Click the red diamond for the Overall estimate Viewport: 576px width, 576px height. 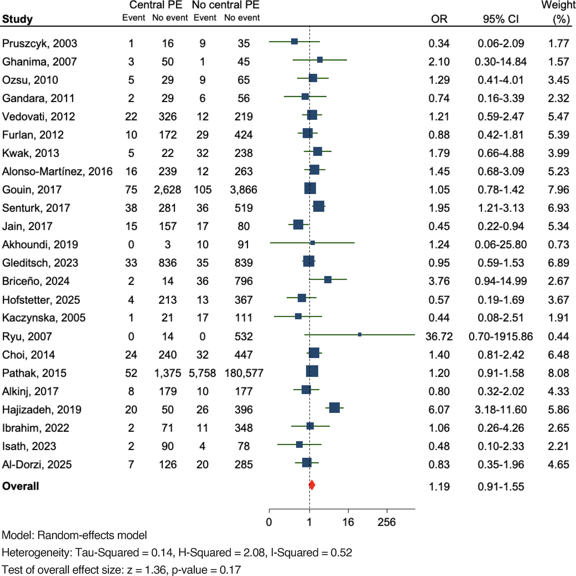[x=312, y=485]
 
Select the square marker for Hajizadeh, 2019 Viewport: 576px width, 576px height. [x=334, y=408]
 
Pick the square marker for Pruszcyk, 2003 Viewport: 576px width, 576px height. [x=294, y=41]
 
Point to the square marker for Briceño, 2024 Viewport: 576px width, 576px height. [x=328, y=279]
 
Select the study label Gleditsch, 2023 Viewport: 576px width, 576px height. [x=40, y=263]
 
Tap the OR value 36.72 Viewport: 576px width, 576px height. [x=439, y=336]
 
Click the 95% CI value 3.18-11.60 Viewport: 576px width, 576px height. [x=501, y=410]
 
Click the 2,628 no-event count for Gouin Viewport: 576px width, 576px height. [x=167, y=190]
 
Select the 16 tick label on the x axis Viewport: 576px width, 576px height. [x=348, y=522]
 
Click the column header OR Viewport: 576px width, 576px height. [x=439, y=19]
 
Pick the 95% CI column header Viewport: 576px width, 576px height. [x=501, y=19]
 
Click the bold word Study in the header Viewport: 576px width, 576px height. [x=17, y=19]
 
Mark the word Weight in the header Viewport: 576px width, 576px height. [x=558, y=5]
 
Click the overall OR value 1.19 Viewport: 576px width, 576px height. [x=439, y=486]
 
